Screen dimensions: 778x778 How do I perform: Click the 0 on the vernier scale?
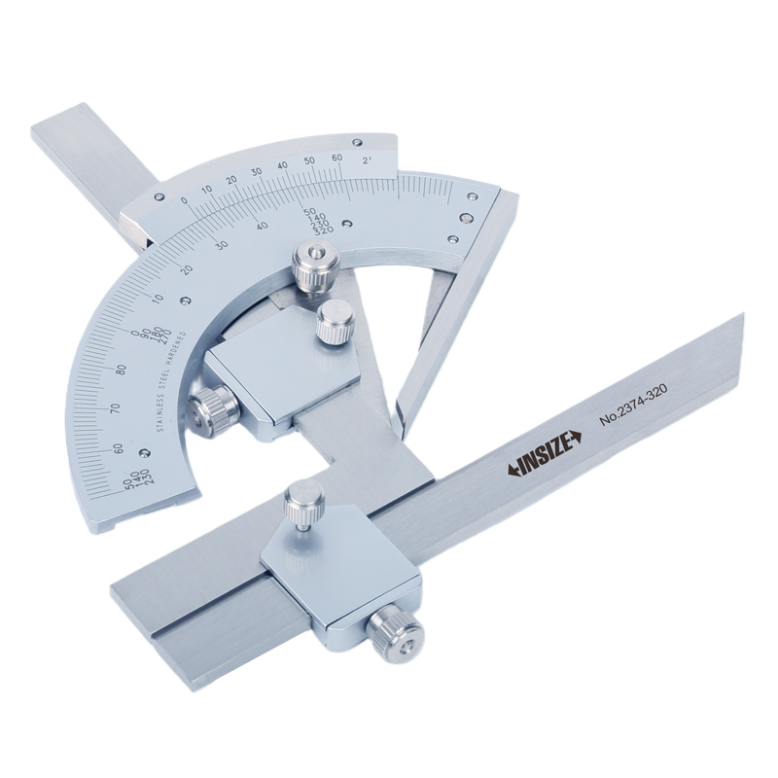184,200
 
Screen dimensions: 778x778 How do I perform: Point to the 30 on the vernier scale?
257,172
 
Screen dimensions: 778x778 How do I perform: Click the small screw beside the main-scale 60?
144,452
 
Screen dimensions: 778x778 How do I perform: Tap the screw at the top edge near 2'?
358,142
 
